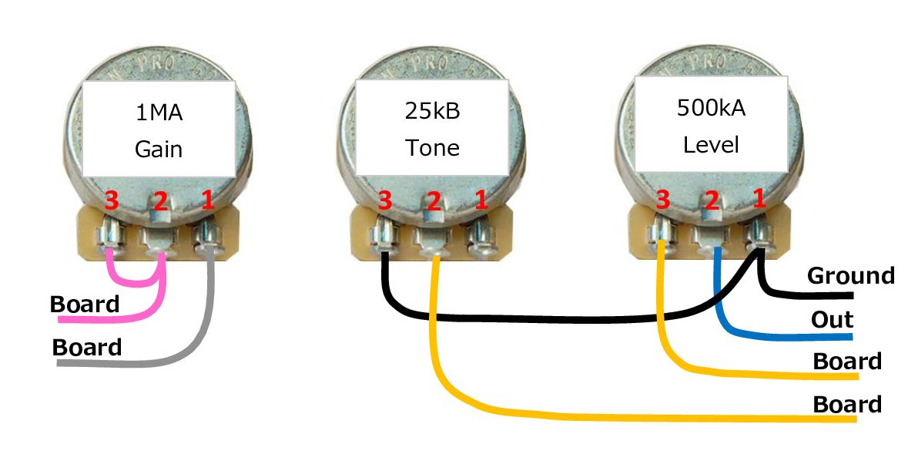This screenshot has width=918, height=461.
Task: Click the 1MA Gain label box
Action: [158, 127]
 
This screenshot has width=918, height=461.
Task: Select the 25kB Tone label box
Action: [431, 127]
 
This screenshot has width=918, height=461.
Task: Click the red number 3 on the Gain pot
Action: [112, 202]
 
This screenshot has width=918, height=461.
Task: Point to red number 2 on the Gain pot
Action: [160, 202]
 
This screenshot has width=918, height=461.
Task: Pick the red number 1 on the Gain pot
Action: [207, 202]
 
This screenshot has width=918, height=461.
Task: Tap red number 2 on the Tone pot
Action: [434, 202]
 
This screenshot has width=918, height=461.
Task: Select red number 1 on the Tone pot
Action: [481, 202]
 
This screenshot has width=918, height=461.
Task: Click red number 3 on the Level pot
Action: [662, 200]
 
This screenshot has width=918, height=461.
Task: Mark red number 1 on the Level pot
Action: [759, 199]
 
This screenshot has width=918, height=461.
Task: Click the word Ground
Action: [850, 275]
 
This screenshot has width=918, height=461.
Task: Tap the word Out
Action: [832, 318]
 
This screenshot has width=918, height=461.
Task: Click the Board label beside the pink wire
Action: [85, 304]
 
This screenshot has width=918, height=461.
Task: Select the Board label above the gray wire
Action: [86, 347]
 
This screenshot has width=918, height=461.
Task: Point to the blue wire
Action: [770, 335]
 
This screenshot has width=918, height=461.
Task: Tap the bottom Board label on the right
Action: [847, 404]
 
